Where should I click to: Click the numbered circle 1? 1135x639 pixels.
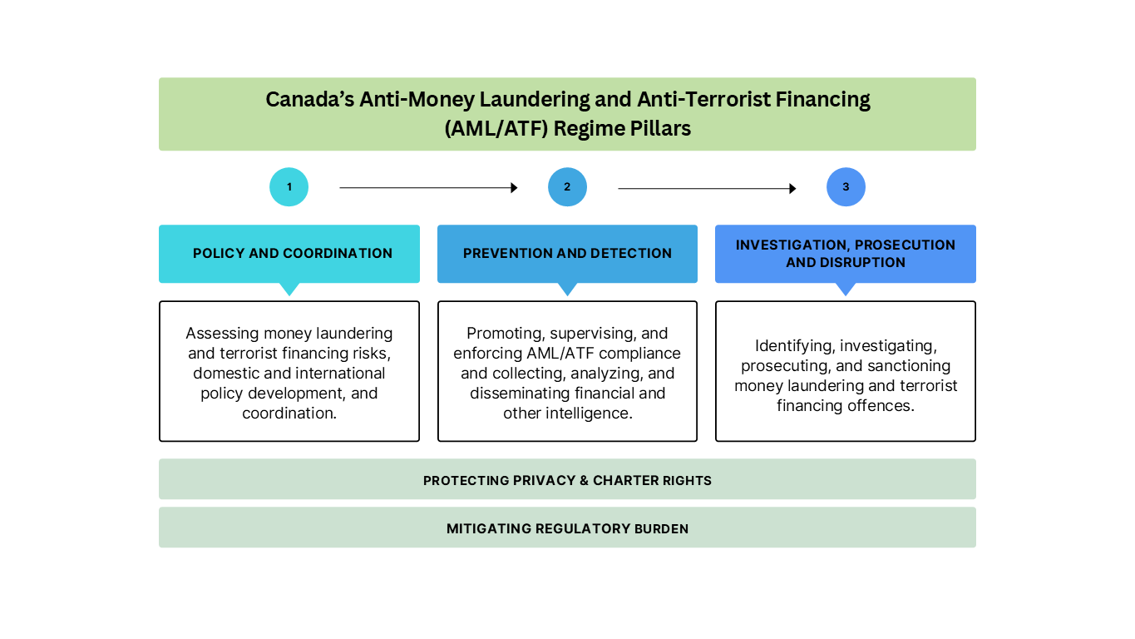(289, 187)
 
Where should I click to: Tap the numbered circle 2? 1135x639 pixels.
(567, 187)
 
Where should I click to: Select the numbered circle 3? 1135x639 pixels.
(846, 187)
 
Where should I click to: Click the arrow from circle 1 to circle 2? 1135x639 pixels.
(428, 188)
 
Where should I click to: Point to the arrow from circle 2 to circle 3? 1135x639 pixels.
(707, 189)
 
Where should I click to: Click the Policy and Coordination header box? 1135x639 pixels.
(289, 253)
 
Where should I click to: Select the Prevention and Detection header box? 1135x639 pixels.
(567, 253)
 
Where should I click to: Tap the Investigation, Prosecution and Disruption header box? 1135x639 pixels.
(845, 253)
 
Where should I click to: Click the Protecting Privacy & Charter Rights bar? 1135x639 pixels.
(567, 480)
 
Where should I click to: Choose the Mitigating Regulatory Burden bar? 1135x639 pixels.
(567, 528)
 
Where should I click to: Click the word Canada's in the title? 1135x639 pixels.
(309, 100)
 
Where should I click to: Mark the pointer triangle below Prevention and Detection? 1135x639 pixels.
(567, 289)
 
